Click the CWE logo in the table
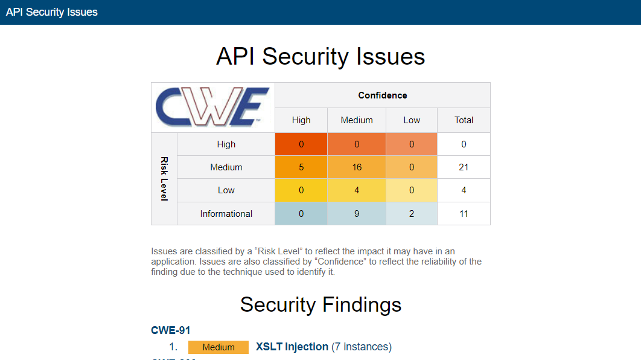(x=212, y=107)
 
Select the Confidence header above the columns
(x=383, y=95)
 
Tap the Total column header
(x=464, y=120)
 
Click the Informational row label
(x=226, y=214)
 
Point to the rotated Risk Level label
(x=164, y=179)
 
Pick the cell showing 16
(x=357, y=167)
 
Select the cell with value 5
(x=301, y=167)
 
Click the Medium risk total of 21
(x=464, y=167)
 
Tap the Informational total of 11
(x=464, y=214)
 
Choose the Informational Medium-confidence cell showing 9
(x=357, y=214)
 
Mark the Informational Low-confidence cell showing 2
(x=412, y=214)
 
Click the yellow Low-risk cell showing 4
(x=357, y=190)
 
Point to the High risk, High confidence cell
(x=301, y=144)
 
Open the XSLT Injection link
(x=292, y=347)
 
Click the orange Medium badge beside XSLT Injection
(x=218, y=347)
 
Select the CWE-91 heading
(x=170, y=330)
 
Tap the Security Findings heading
(x=320, y=304)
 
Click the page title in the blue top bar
(x=51, y=12)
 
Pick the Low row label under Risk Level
(x=226, y=190)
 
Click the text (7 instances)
(x=362, y=347)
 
